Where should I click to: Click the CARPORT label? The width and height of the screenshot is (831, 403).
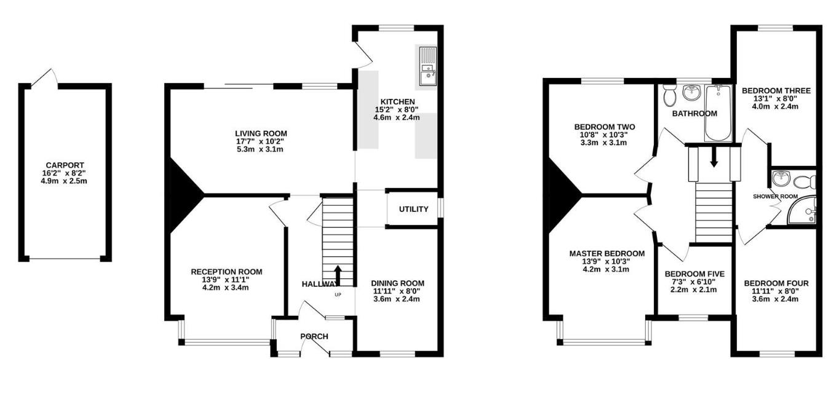pos(64,165)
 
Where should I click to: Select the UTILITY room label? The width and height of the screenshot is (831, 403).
pos(413,209)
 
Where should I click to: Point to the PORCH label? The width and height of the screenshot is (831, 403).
pos(314,336)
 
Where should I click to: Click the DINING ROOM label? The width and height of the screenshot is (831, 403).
pos(397,283)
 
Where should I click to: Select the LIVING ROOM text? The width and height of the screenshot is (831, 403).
pos(261,133)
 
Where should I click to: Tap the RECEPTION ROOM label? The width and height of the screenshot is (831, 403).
pos(226,272)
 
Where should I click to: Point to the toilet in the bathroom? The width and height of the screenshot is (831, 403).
pos(670,95)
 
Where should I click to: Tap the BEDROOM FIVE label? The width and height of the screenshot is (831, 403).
pos(694,274)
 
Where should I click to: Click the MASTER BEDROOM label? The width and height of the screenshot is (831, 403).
pos(606,254)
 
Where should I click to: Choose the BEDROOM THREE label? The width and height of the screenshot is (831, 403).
pos(776,91)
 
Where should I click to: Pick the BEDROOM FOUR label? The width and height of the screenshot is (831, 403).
pos(776,283)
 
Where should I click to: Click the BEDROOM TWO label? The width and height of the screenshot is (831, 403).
pos(604,127)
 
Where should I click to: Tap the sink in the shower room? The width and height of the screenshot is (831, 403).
pos(781,179)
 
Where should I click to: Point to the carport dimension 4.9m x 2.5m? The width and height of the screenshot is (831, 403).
pos(64,181)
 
